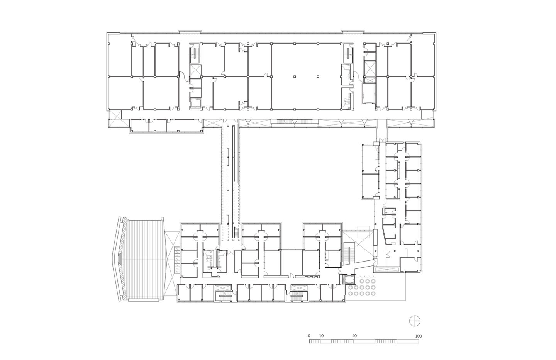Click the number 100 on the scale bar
418,336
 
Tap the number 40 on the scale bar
354,336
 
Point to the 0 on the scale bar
309,336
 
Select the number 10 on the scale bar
321,336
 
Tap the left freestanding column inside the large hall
294,76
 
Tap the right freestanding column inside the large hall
317,76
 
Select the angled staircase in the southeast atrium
351,253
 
